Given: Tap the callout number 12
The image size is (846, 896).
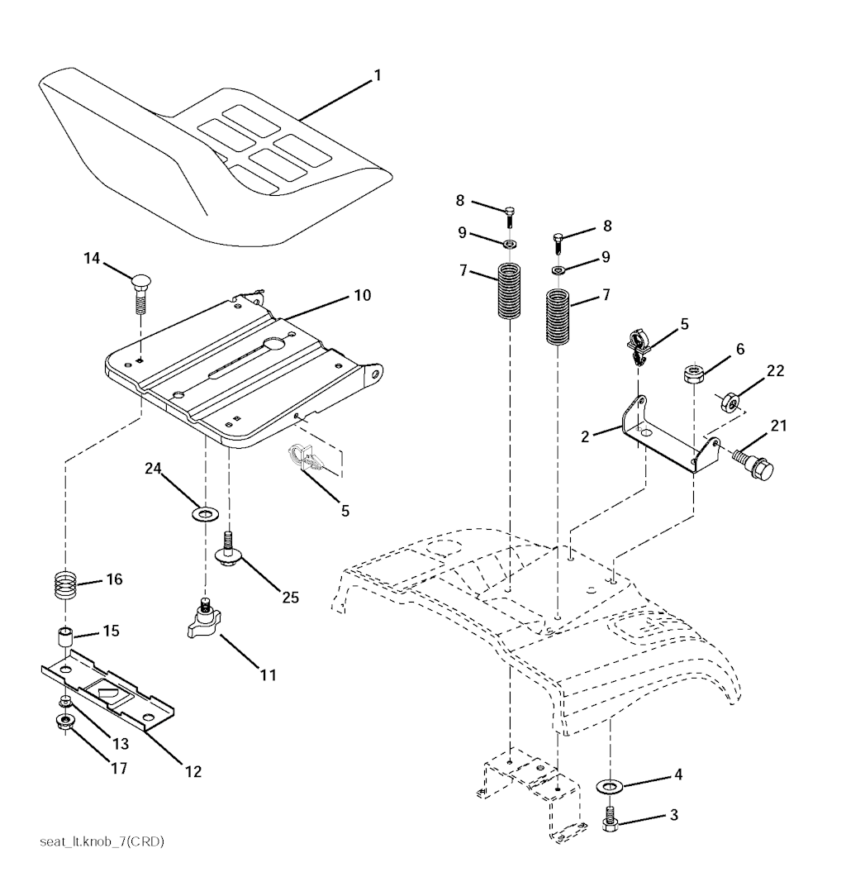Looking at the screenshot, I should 192,772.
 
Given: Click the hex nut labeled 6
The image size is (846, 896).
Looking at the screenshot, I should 694,374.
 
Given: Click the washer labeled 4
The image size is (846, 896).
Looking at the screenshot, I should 612,784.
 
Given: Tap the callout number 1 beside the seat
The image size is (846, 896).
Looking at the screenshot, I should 377,75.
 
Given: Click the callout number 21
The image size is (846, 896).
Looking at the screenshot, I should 779,426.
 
